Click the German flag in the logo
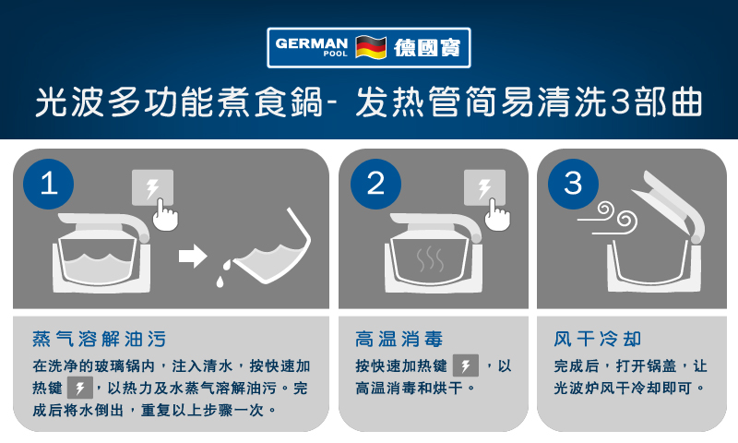point(371,47)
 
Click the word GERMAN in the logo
point(312,43)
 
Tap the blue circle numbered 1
point(49,184)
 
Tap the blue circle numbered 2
point(375,184)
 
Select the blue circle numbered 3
point(573,184)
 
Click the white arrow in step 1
point(193,257)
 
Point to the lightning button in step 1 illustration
point(152,187)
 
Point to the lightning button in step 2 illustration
point(485,187)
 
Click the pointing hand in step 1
point(166,216)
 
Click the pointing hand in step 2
point(498,216)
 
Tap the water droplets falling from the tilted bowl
point(223,273)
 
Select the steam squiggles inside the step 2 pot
point(430,259)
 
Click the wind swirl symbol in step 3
point(608,219)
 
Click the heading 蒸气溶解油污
point(100,339)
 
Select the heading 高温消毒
point(399,339)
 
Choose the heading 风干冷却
point(598,339)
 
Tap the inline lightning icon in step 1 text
point(80,388)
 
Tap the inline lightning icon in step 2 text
point(466,365)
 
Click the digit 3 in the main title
point(620,102)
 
